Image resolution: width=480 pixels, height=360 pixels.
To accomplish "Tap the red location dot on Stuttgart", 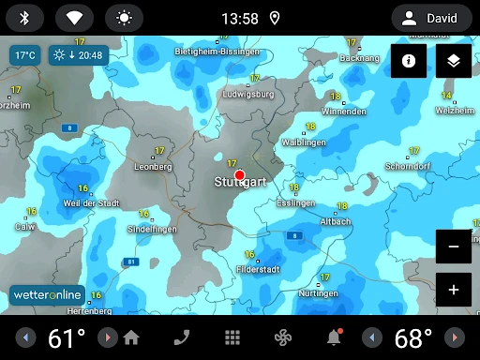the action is pyautogui.click(x=239, y=175).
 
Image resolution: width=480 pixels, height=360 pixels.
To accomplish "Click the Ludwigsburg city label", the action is pyautogui.click(x=248, y=95).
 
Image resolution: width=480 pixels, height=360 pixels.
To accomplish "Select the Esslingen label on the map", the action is pyautogui.click(x=296, y=202).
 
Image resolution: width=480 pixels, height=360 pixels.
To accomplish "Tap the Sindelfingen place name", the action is pyautogui.click(x=151, y=229).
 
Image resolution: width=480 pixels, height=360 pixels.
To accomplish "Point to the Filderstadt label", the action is pyautogui.click(x=258, y=269).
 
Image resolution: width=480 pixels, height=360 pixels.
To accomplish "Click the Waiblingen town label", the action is pyautogui.click(x=303, y=142).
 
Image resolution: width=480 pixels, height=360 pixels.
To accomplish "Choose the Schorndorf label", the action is pyautogui.click(x=407, y=166).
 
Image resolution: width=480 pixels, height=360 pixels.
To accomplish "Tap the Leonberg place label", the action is pyautogui.click(x=153, y=166).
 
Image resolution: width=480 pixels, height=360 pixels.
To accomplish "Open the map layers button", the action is pyautogui.click(x=454, y=60).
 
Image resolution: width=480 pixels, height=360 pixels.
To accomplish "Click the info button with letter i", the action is pyautogui.click(x=409, y=60).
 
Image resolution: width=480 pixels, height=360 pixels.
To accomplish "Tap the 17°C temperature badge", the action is pyautogui.click(x=24, y=55).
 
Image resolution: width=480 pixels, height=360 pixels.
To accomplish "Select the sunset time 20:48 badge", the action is pyautogui.click(x=79, y=55).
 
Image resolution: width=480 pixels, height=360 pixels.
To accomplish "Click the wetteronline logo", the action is pyautogui.click(x=48, y=294).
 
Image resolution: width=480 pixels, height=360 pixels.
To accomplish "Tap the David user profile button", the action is pyautogui.click(x=432, y=18).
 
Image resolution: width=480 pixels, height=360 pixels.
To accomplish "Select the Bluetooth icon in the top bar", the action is pyautogui.click(x=25, y=18).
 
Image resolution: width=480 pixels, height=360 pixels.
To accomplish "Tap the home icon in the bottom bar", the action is pyautogui.click(x=131, y=337).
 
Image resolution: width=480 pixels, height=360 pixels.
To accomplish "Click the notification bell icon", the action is pyautogui.click(x=334, y=337).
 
